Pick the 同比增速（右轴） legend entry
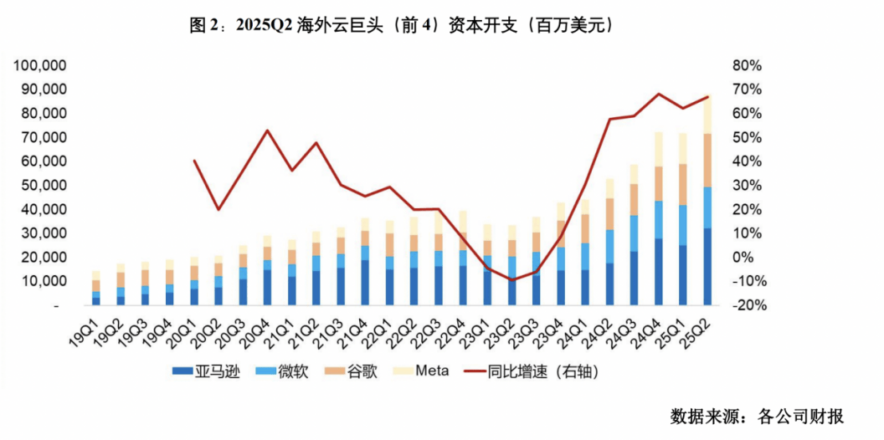[544, 371]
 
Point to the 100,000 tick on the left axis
[41, 65]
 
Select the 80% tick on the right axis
[745, 65]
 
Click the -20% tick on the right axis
[743, 306]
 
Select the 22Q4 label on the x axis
[455, 332]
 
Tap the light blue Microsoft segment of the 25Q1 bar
[683, 224]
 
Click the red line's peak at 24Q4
[659, 94]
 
